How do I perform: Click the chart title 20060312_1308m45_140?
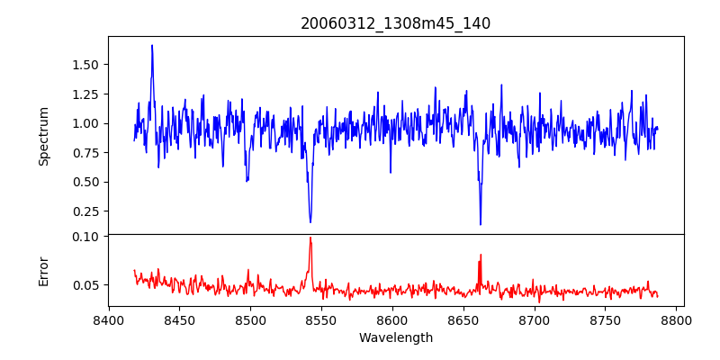tap(395, 23)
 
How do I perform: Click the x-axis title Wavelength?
tap(395, 338)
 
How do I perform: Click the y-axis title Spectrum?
tap(44, 136)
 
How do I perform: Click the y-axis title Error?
tap(44, 271)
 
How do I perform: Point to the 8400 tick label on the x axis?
tap(109, 319)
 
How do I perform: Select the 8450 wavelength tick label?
tap(180, 319)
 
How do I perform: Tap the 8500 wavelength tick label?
tap(250, 319)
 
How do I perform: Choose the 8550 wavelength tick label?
tap(321, 319)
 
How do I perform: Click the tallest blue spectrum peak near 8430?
tap(152, 45)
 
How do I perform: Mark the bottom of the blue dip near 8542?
tap(310, 222)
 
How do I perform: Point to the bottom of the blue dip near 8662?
tap(481, 224)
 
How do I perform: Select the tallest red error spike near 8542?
tap(310, 238)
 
